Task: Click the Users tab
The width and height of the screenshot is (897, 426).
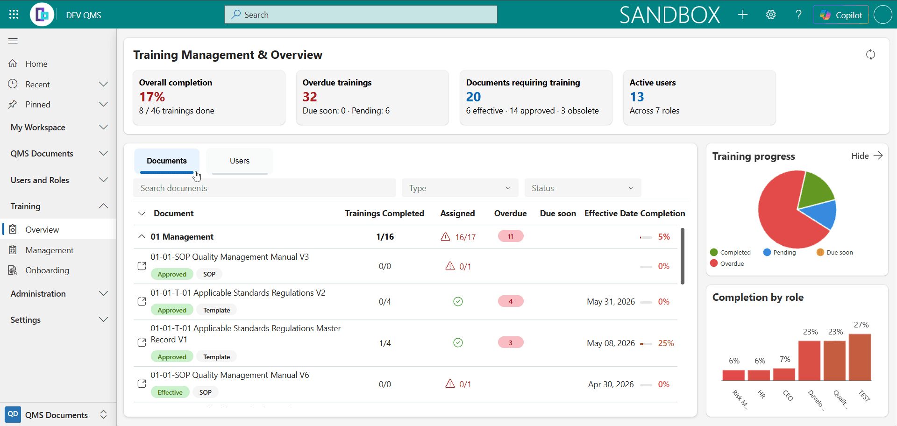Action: (x=240, y=161)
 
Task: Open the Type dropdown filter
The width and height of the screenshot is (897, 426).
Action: (x=460, y=188)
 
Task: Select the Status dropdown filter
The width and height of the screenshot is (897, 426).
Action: (x=583, y=188)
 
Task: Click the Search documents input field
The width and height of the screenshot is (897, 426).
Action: (x=264, y=188)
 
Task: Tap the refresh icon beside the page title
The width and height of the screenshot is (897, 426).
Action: (x=870, y=55)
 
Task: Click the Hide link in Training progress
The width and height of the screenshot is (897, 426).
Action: (x=860, y=156)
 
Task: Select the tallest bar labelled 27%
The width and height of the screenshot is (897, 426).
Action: (x=860, y=357)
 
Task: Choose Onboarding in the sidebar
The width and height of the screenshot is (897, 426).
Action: (x=47, y=270)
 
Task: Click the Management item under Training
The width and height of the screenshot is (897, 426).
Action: (x=50, y=250)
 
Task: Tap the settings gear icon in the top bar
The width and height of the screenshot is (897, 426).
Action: (x=771, y=15)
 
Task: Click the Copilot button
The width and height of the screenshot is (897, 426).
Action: (x=841, y=15)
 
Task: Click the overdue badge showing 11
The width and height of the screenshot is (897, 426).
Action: (x=511, y=236)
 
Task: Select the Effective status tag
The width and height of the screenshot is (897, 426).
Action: (x=170, y=392)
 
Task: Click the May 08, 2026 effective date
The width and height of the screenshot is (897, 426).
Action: (x=611, y=343)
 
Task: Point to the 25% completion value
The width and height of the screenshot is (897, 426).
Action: (x=666, y=343)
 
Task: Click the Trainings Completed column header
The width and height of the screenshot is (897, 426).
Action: (x=384, y=213)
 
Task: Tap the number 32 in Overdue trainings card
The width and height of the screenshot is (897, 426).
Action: (x=310, y=97)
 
